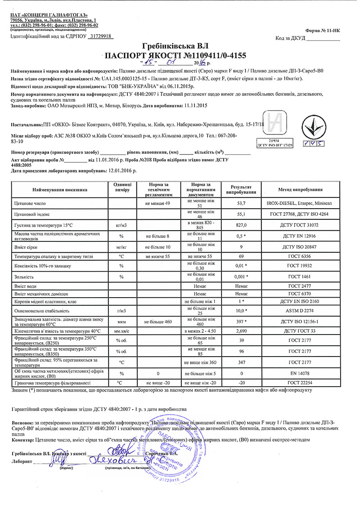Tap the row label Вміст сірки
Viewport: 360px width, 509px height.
coord(27,246)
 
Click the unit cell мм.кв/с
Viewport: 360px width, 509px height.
coord(122,330)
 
